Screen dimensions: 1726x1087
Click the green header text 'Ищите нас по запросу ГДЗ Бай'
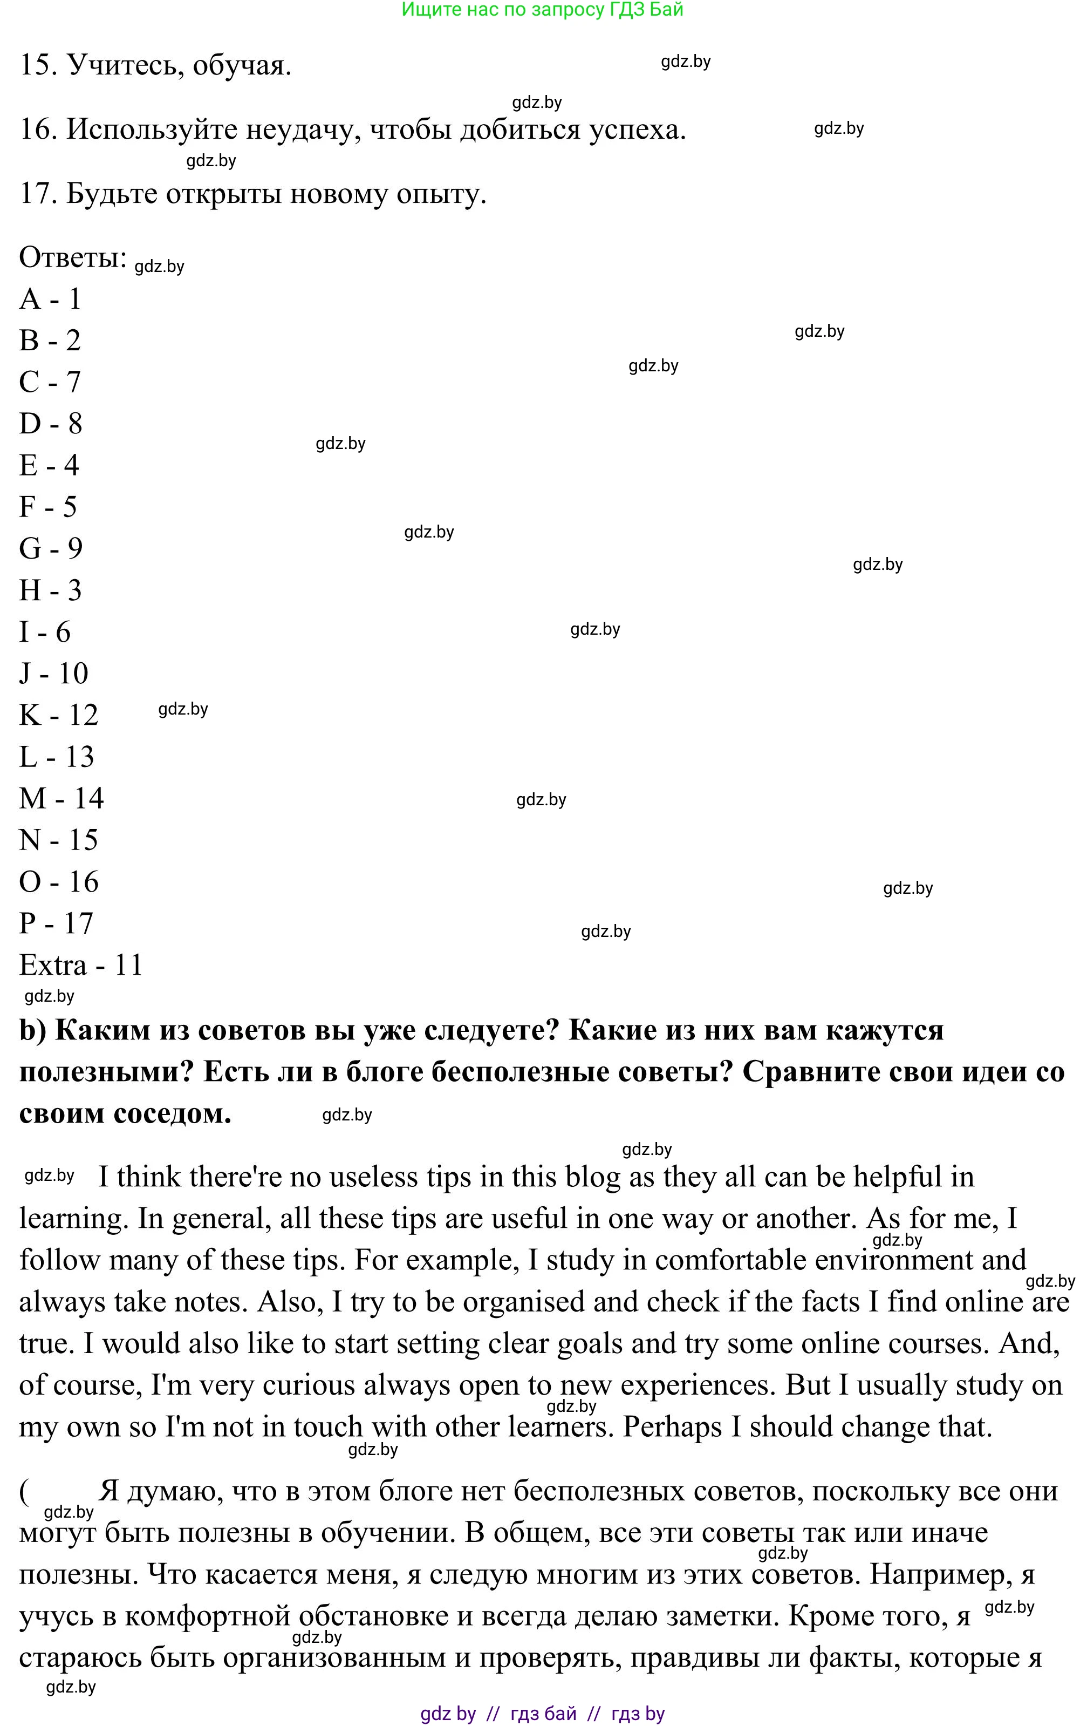pyautogui.click(x=543, y=10)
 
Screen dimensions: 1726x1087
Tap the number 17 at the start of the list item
pyautogui.click(x=38, y=194)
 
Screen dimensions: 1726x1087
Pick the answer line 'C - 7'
pyautogui.click(x=50, y=382)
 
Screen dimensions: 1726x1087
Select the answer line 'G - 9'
pyautogui.click(x=51, y=548)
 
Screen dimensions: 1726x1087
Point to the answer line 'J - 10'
pyautogui.click(x=54, y=673)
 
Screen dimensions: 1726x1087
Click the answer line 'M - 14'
pyautogui.click(x=61, y=798)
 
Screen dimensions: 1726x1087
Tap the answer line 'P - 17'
pyautogui.click(x=56, y=923)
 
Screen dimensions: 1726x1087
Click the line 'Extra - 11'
pyautogui.click(x=81, y=965)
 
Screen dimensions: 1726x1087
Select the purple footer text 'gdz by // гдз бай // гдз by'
pyautogui.click(x=543, y=1713)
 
